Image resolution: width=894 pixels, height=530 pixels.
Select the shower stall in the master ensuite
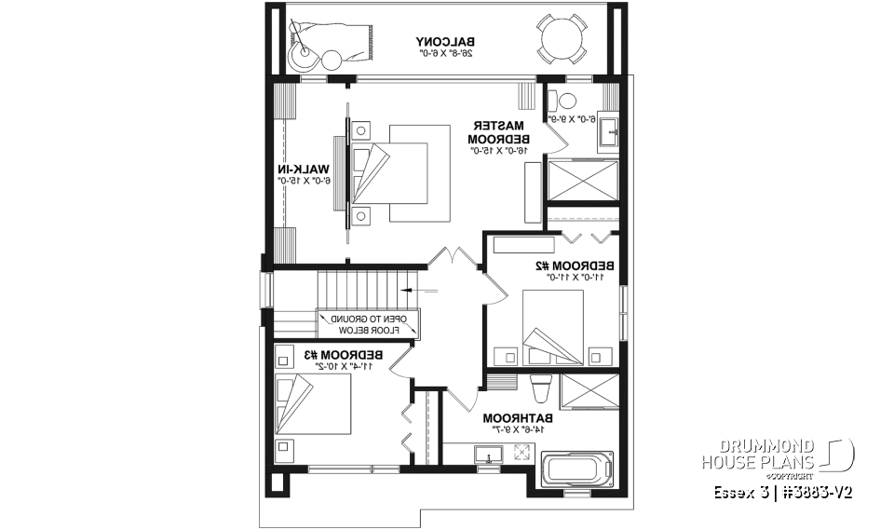tap(583, 180)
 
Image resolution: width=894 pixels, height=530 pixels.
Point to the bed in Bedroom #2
tap(553, 330)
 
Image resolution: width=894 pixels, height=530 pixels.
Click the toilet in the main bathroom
tap(539, 387)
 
